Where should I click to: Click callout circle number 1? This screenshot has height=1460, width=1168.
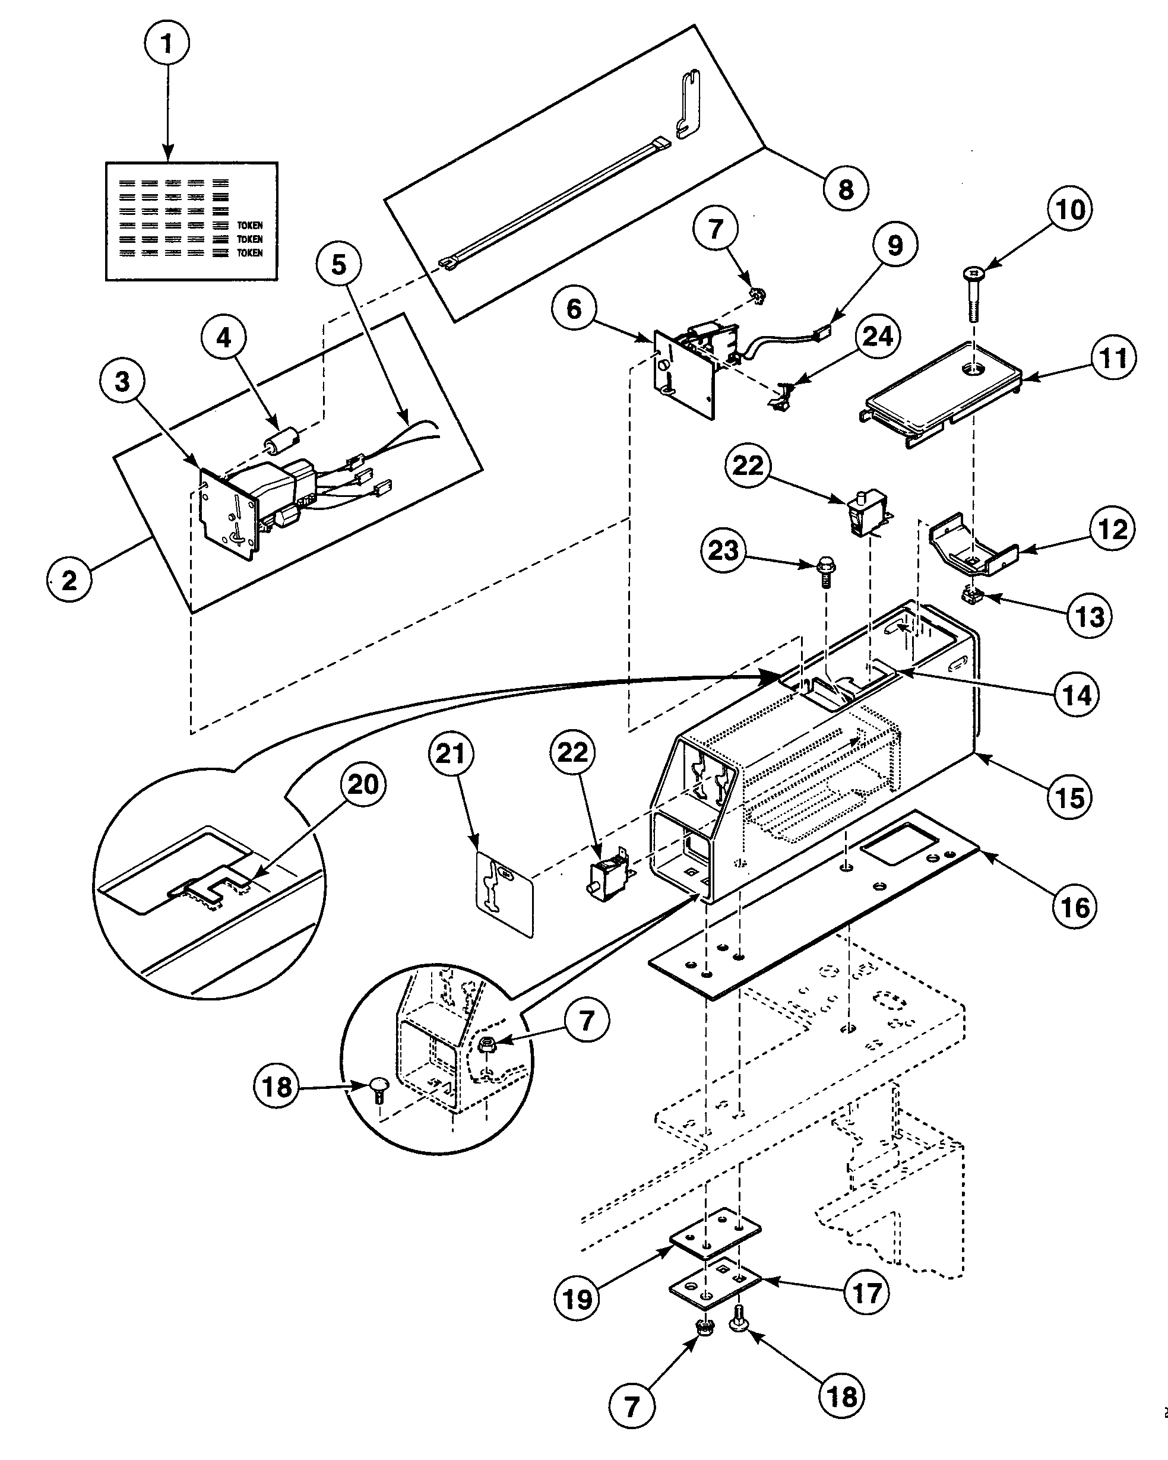coord(167,43)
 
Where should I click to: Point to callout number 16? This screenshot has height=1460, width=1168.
coord(1075,907)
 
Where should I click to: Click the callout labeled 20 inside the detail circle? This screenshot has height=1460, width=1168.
coord(363,784)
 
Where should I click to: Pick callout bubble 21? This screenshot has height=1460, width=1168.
coord(451,753)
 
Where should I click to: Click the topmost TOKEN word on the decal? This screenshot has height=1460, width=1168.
coord(249,226)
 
